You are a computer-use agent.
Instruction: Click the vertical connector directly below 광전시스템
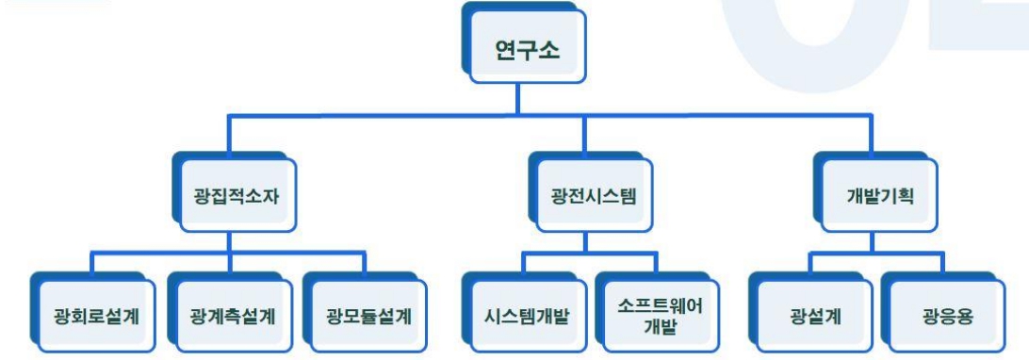coord(586,241)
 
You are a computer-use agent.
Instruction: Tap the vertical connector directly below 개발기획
coord(875,241)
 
